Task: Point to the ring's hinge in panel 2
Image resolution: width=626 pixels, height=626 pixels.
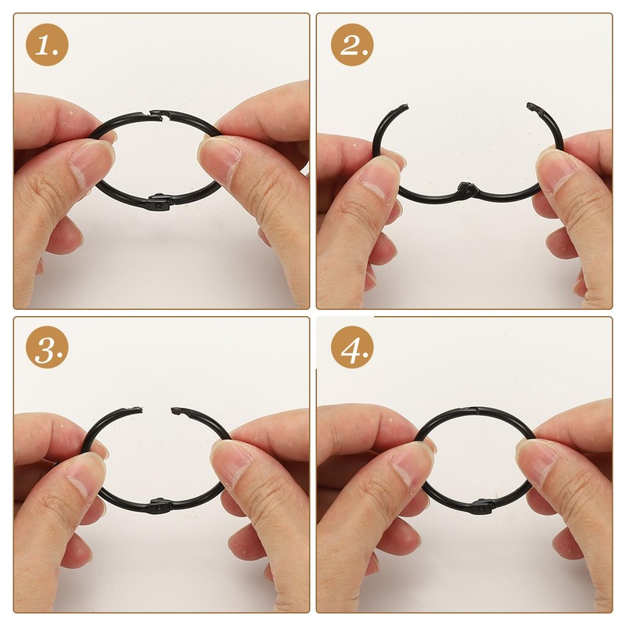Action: coord(466,189)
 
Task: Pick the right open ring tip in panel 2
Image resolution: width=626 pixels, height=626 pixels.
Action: coord(533,106)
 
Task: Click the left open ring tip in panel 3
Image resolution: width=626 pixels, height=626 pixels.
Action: coord(137,409)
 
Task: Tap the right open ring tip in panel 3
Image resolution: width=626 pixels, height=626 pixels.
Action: coord(175,411)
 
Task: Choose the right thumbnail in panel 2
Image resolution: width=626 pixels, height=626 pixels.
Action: coord(557,167)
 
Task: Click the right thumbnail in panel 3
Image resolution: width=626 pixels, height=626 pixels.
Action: coord(229,462)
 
